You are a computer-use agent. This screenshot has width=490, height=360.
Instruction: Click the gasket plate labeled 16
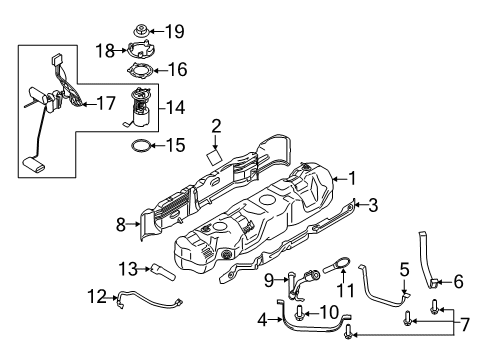pos(140,71)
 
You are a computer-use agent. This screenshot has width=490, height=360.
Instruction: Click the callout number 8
pos(121,226)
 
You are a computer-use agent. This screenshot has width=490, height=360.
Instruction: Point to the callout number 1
pos(351,178)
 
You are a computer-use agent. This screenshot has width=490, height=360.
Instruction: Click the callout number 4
pos(262,320)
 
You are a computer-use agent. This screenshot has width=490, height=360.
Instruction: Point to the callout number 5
pos(404,269)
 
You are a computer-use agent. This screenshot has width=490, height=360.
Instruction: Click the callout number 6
pos(458,282)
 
